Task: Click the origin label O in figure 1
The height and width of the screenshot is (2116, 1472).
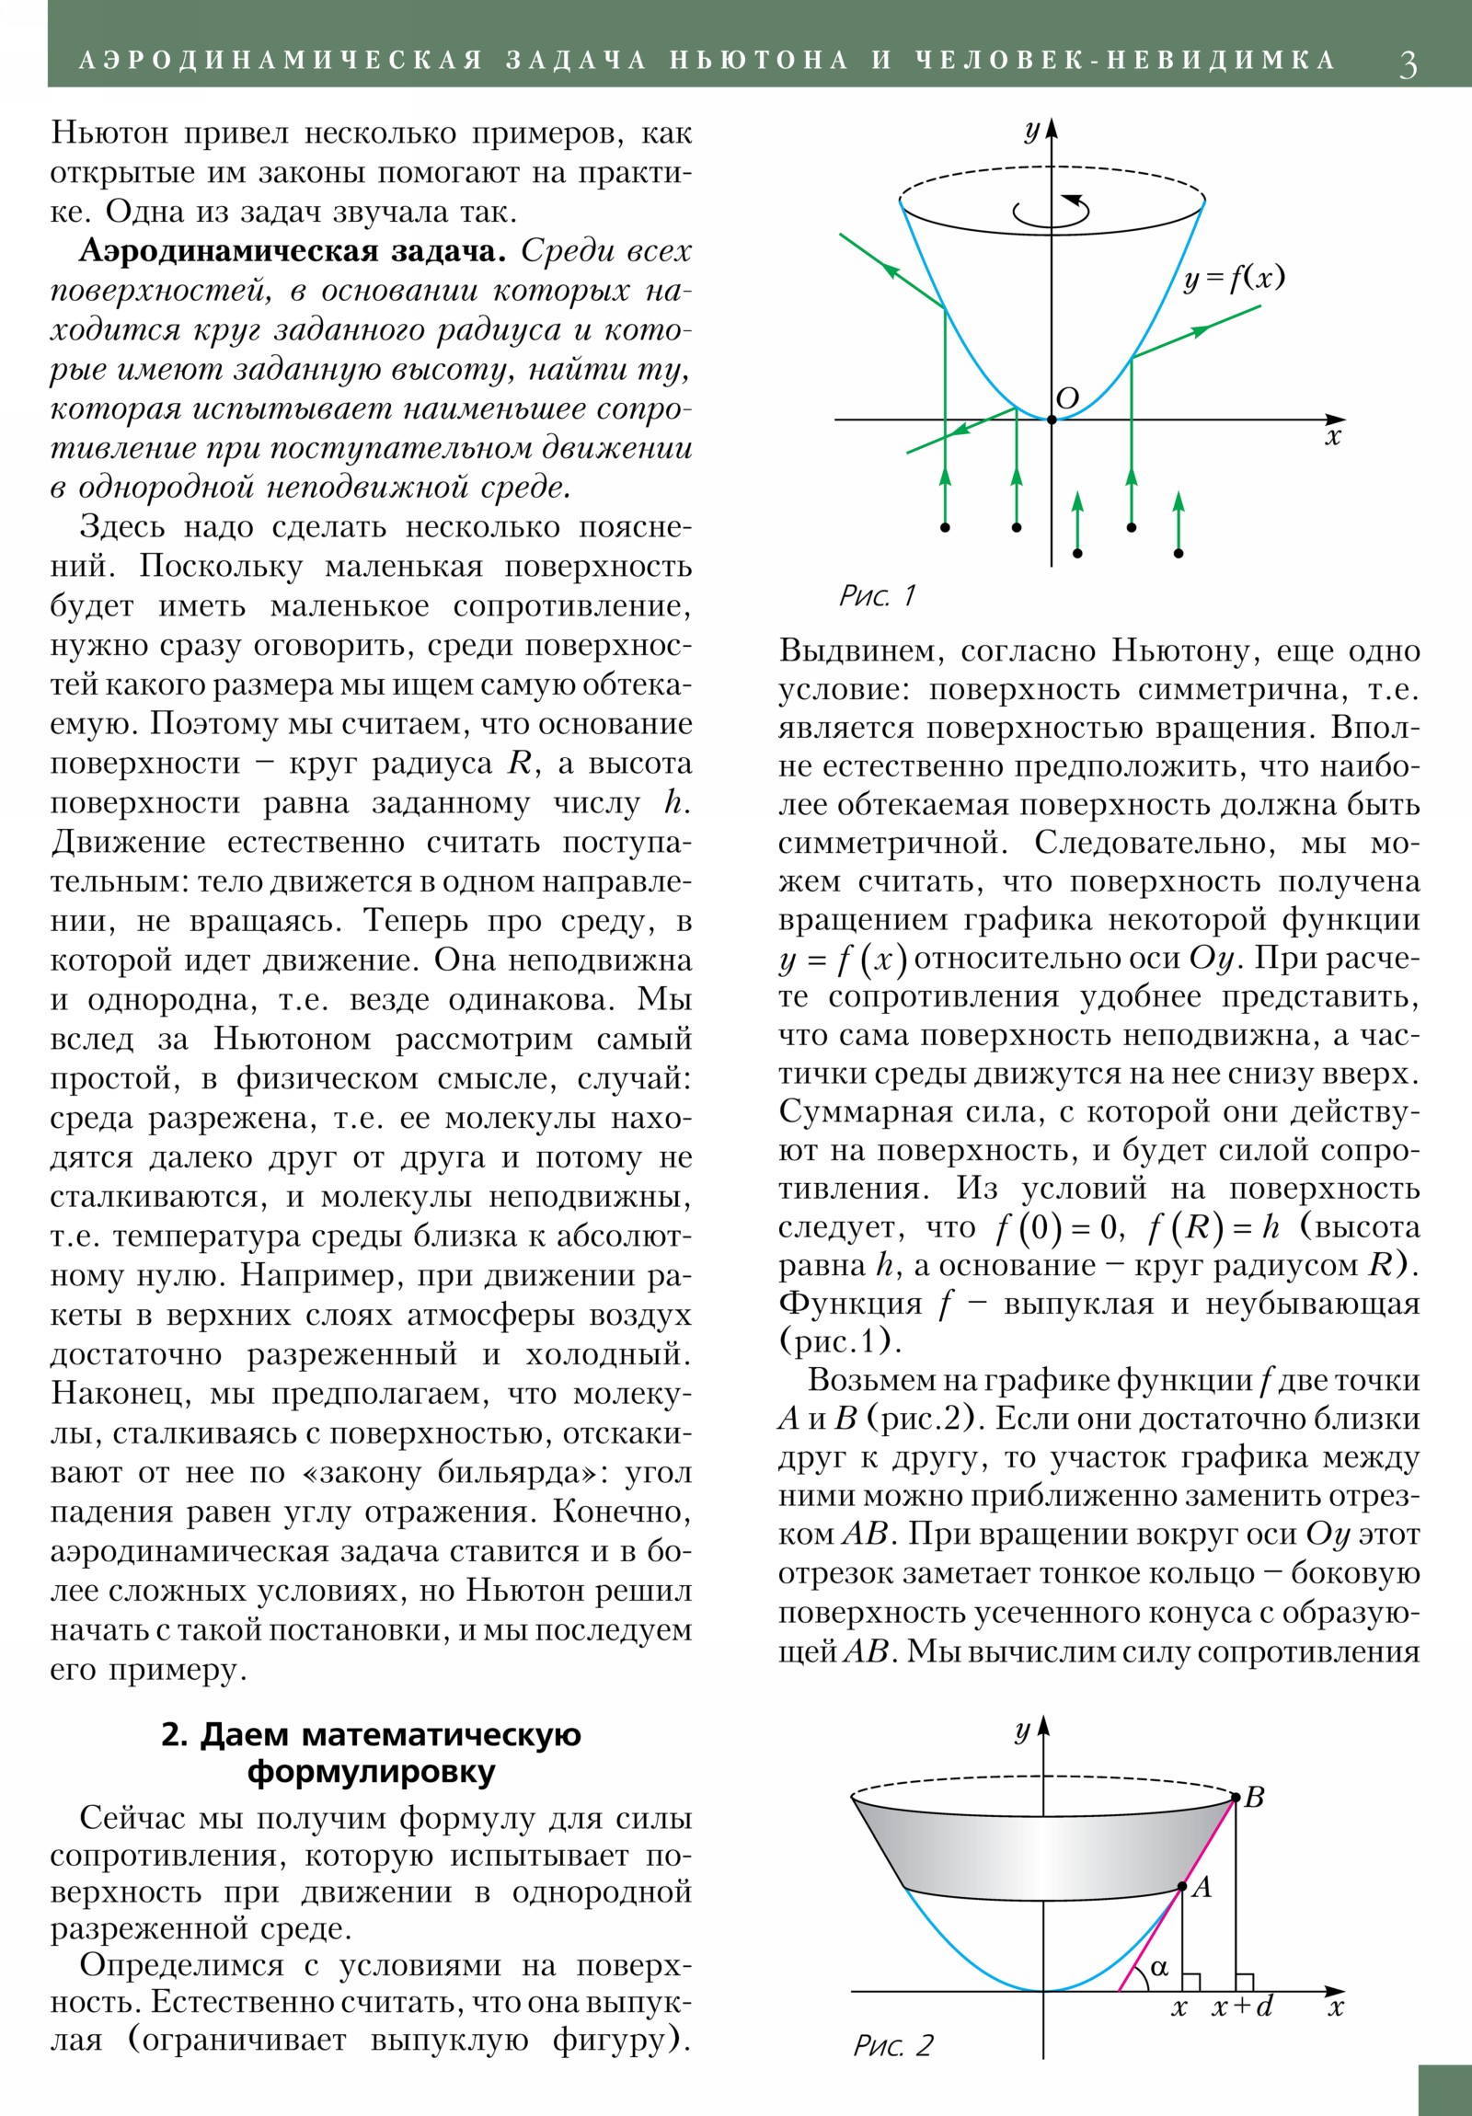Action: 1066,398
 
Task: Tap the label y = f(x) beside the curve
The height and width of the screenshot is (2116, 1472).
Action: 1234,278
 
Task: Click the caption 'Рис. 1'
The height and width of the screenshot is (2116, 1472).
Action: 878,595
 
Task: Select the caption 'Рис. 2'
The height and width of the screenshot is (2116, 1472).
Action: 892,2045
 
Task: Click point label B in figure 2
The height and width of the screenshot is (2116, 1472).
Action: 1254,1796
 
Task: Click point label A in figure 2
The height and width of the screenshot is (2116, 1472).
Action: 1202,1887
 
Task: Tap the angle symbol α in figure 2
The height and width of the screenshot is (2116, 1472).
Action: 1159,1968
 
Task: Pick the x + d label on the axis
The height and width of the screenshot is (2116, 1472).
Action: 1243,2007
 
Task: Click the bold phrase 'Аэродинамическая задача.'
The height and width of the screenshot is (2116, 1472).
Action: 293,251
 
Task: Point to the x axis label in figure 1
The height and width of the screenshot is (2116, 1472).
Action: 1333,437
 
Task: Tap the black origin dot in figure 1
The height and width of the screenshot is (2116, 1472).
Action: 1052,420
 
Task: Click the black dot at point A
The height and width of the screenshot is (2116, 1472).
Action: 1183,1888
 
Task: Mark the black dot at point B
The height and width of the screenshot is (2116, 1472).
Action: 1236,1796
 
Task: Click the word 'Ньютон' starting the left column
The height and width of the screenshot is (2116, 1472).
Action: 109,133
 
